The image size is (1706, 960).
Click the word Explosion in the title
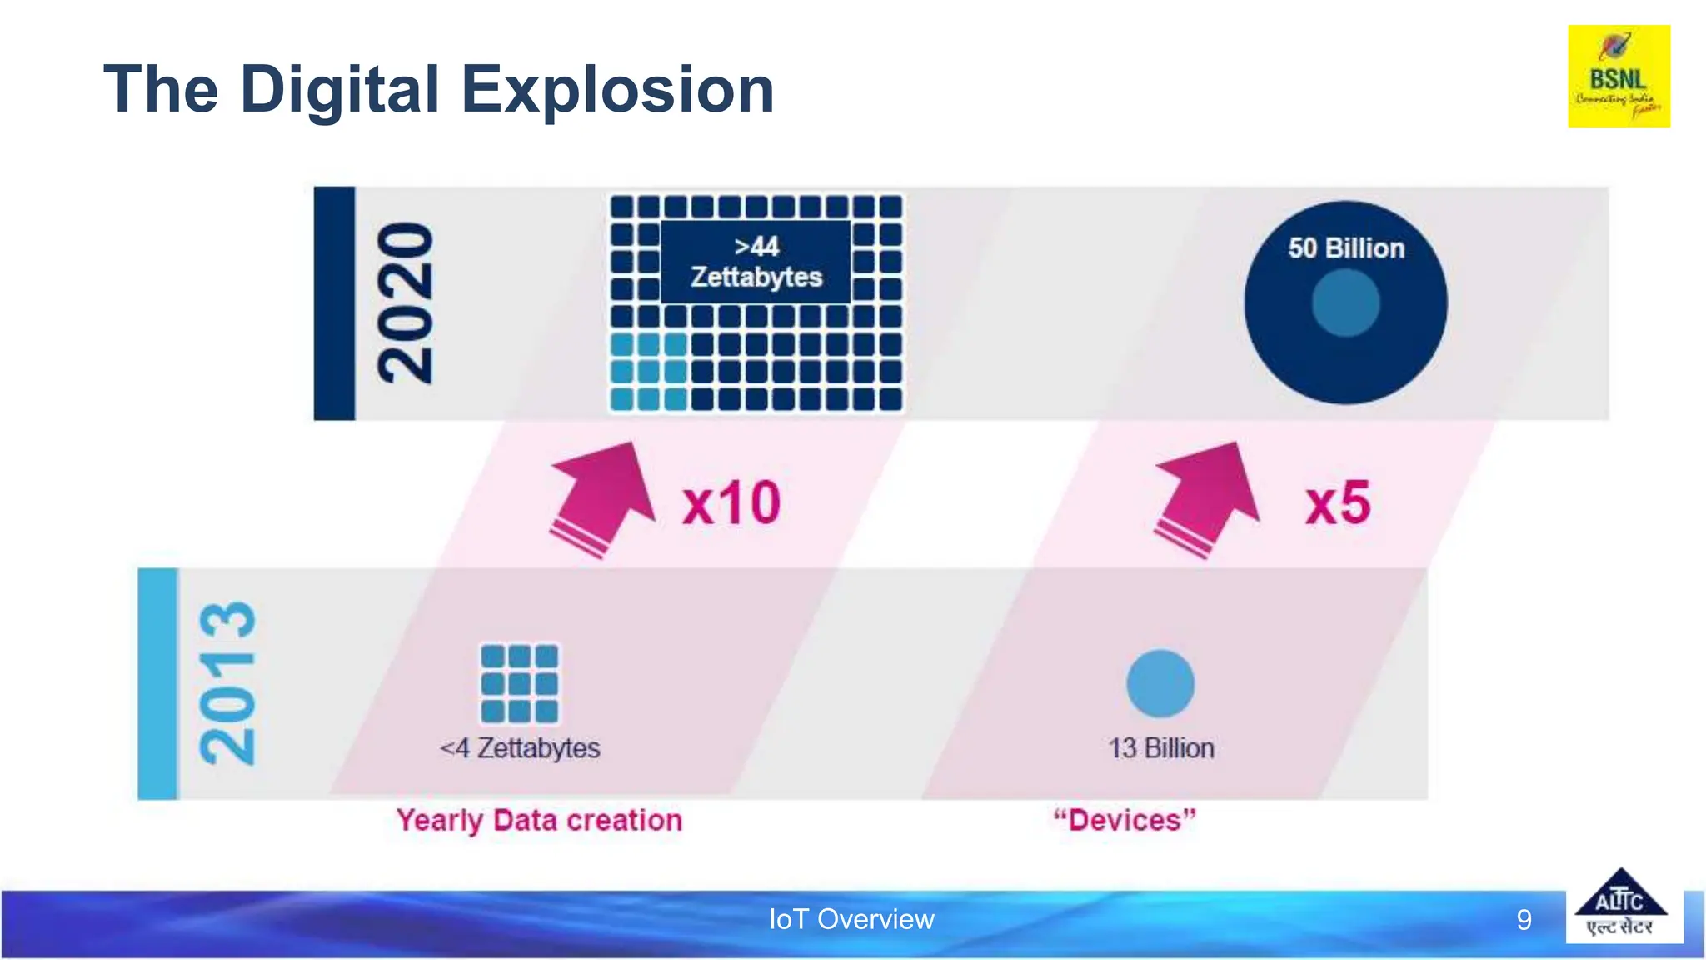pos(617,90)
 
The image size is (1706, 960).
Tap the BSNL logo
pos(1619,76)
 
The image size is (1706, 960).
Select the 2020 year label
pos(406,303)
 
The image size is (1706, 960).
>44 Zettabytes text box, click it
pos(756,262)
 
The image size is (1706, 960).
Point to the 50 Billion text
pos(1346,248)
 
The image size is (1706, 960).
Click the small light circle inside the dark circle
pos(1345,303)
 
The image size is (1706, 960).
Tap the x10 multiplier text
pos(731,503)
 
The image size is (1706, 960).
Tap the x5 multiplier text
pos(1338,503)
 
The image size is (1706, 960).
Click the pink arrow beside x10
pos(605,497)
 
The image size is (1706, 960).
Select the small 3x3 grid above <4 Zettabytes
pos(519,683)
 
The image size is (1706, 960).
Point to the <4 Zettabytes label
pos(520,748)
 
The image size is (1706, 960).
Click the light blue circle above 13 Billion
pos(1160,683)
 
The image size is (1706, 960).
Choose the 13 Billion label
pos(1160,748)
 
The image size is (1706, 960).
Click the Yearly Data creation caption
pos(539,821)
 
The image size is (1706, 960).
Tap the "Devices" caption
pos(1125,821)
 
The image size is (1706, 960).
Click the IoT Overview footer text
pos(851,919)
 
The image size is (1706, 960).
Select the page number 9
pos(1524,920)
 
